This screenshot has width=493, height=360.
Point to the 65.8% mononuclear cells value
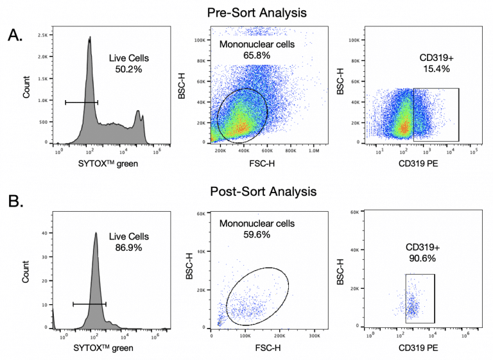coord(257,56)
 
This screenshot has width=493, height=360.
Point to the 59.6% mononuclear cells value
coord(257,235)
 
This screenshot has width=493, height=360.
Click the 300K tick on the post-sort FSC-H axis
coord(315,334)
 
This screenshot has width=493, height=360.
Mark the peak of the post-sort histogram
coord(96,234)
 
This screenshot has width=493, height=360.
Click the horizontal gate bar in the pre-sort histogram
coord(82,101)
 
